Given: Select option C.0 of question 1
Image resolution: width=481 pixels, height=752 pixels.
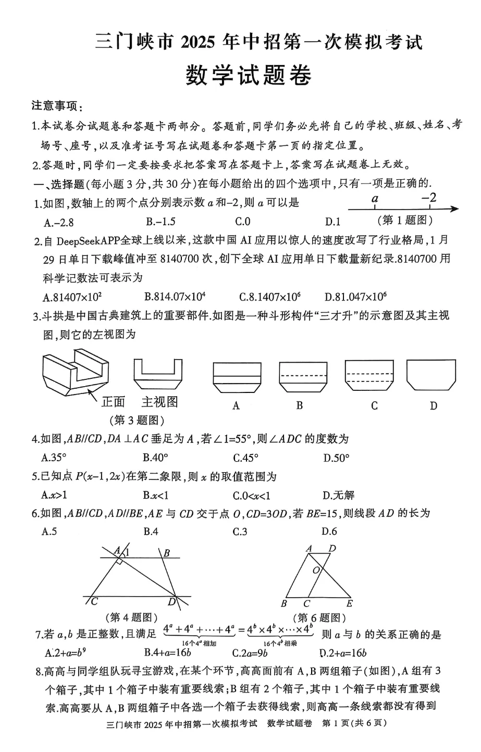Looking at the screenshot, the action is click(x=242, y=221).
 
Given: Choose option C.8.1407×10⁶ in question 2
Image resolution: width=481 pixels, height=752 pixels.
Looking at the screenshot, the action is click(x=270, y=297).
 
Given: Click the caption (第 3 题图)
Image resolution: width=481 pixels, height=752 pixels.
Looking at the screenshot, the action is click(x=136, y=420).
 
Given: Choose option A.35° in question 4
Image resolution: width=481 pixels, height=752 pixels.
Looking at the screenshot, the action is click(x=54, y=458).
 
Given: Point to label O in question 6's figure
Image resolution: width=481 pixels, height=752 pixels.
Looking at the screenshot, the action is click(x=316, y=571).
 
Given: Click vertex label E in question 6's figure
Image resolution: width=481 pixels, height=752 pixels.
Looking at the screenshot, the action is click(x=349, y=603).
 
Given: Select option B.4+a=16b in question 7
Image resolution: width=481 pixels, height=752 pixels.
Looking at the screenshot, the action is click(x=168, y=653).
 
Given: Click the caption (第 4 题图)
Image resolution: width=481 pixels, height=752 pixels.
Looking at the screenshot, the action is click(x=131, y=618).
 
